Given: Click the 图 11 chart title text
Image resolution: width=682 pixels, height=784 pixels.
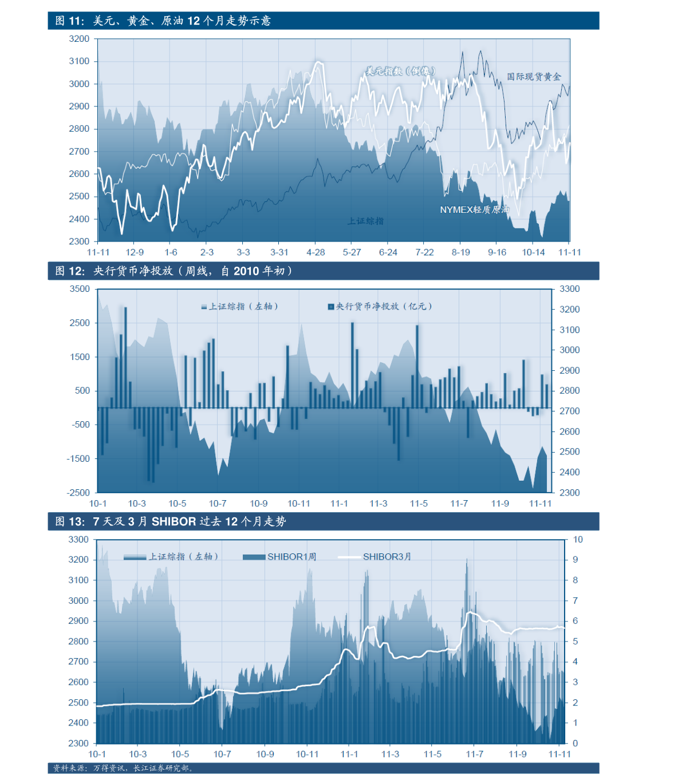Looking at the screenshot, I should click(163, 21).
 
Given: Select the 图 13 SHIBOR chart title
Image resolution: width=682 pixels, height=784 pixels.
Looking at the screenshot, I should click(171, 521).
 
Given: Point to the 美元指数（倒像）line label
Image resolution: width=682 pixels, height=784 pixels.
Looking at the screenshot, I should click(401, 71).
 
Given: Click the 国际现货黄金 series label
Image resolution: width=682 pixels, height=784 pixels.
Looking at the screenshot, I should click(534, 77).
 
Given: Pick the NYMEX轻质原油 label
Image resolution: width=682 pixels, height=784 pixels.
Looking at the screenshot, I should click(474, 210).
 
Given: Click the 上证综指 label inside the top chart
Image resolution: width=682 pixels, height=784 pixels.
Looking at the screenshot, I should click(365, 221).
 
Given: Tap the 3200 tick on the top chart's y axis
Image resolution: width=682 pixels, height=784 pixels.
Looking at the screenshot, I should click(80, 39).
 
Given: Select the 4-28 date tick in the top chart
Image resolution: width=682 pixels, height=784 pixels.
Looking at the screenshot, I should click(316, 252).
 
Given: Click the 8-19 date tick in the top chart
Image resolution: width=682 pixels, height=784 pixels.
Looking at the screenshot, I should click(460, 252).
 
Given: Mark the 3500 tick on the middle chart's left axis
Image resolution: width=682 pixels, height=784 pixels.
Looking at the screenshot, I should click(80, 289).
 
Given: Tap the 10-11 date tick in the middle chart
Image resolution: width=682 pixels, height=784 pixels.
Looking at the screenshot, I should click(298, 504).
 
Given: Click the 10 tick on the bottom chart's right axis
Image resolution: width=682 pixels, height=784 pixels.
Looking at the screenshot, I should click(578, 540).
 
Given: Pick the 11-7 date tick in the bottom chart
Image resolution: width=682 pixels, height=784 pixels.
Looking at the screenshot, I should click(474, 754).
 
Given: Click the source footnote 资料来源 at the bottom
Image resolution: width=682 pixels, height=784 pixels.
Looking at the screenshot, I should click(124, 768).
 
